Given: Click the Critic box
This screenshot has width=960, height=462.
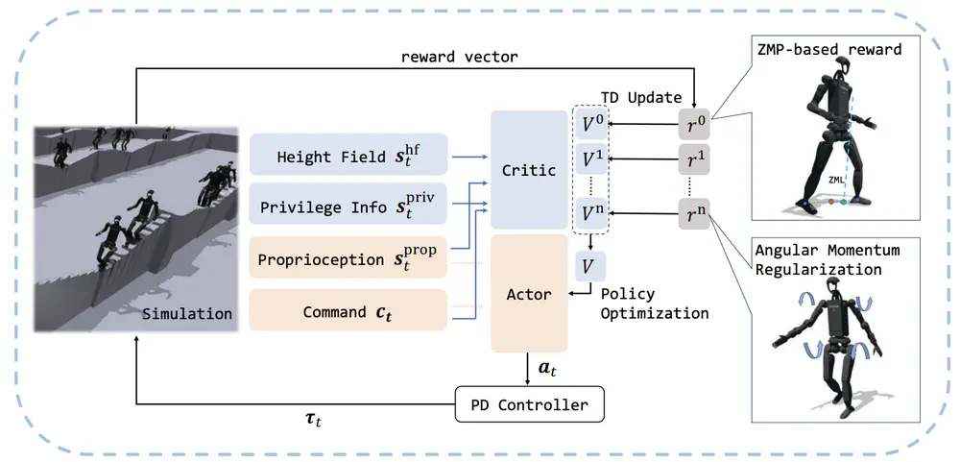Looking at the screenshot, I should pyautogui.click(x=529, y=170).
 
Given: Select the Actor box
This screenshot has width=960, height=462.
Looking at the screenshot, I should pyautogui.click(x=529, y=293).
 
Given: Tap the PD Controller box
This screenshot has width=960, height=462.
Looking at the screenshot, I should pyautogui.click(x=529, y=403).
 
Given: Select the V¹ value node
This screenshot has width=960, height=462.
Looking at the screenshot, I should pyautogui.click(x=590, y=158).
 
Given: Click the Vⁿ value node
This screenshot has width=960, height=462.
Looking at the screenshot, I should pyautogui.click(x=590, y=212).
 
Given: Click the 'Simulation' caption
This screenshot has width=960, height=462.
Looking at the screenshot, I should pyautogui.click(x=186, y=313).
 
